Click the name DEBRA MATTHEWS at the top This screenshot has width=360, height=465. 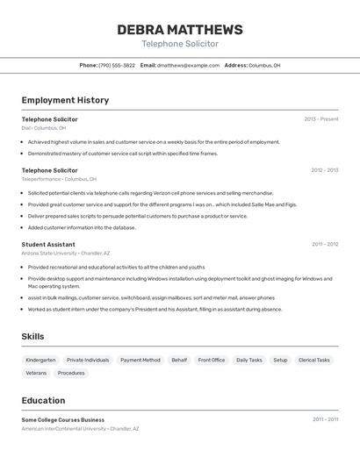(x=180, y=30)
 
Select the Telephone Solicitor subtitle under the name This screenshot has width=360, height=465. (x=180, y=44)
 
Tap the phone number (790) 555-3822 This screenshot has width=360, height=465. (x=117, y=65)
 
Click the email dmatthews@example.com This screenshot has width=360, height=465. (x=188, y=65)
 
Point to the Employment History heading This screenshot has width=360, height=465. (x=65, y=100)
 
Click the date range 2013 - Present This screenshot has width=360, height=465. (x=320, y=119)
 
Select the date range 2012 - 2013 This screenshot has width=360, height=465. (x=324, y=170)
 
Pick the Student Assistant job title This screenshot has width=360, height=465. (x=48, y=245)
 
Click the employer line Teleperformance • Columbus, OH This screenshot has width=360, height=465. (x=60, y=179)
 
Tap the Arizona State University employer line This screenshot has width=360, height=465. (x=68, y=253)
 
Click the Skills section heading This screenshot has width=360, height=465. (x=32, y=336)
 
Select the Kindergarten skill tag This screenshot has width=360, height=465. (x=40, y=360)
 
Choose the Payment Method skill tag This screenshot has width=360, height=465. (x=140, y=360)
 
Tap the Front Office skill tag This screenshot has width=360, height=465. (x=212, y=360)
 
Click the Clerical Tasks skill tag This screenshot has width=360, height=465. (x=313, y=360)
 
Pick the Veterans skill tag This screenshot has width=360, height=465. (x=36, y=373)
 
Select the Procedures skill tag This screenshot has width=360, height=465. (x=71, y=373)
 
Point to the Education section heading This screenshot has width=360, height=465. (x=43, y=400)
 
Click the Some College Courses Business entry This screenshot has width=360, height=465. (x=63, y=419)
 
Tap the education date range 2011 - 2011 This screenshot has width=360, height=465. (x=325, y=419)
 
